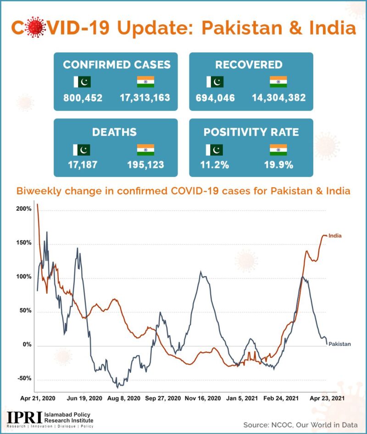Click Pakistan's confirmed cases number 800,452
pos(83,98)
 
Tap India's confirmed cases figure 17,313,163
pos(145,98)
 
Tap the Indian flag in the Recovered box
pos(278,82)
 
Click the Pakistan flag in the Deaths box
pos(82,150)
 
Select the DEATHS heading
pos(114,132)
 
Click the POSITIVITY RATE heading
pos(251,132)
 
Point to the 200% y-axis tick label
pos(24,209)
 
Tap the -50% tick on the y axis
pos(23,379)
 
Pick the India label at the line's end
pos(335,236)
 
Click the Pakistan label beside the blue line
pos(339,344)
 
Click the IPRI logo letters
pos(24,417)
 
